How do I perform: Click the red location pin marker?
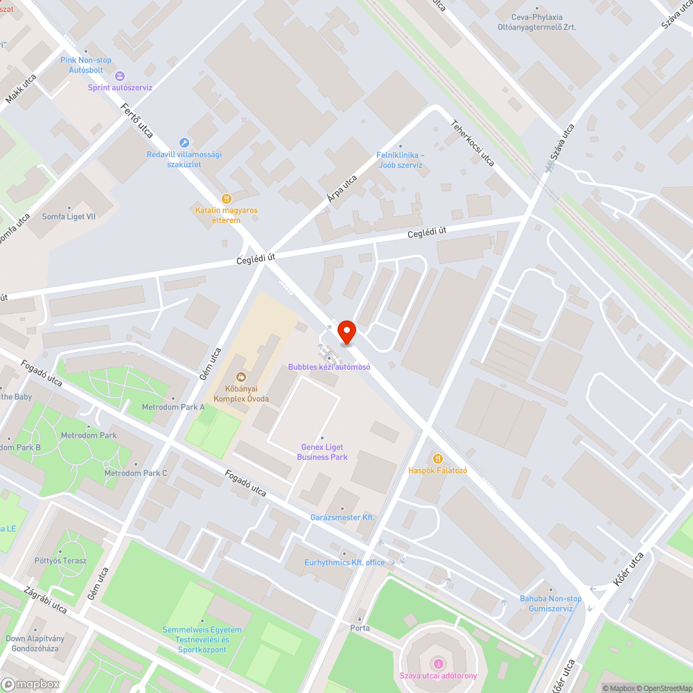tap(346, 332)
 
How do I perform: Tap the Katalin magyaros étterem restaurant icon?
tap(226, 198)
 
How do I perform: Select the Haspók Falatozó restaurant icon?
tap(437, 458)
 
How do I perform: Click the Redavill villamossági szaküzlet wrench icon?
tap(184, 142)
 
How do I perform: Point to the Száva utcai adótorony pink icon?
tap(437, 664)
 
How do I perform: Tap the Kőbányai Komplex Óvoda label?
tap(241, 394)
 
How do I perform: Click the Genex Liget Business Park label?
tap(322, 452)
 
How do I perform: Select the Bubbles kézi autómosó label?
tap(329, 367)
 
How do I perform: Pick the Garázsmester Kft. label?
tap(342, 518)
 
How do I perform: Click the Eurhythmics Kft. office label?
tap(344, 563)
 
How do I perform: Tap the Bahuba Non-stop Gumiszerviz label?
tap(551, 603)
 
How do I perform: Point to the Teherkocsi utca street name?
tap(473, 141)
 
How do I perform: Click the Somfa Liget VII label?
tap(69, 216)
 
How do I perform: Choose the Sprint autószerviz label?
tap(120, 87)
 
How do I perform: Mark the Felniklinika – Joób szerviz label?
tap(401, 160)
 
